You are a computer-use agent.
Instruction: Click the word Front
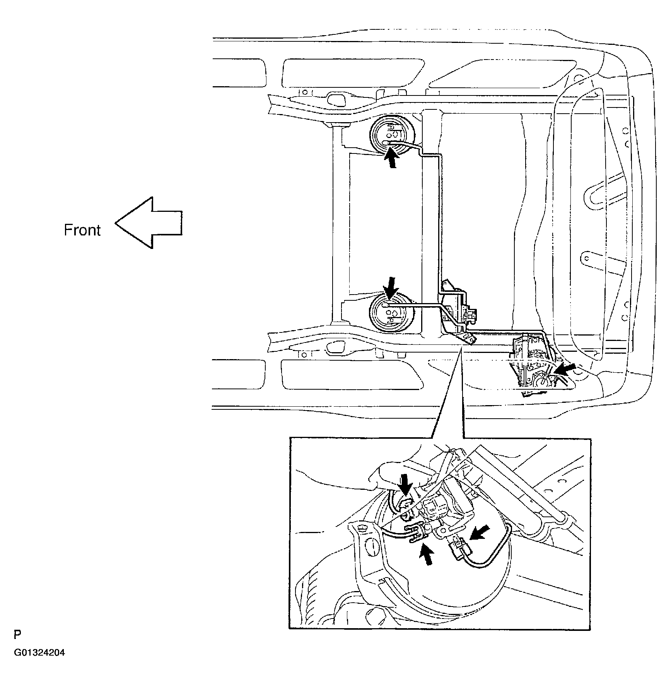[x=82, y=230]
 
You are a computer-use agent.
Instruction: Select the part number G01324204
[x=39, y=653]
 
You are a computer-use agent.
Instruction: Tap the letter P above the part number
[x=17, y=635]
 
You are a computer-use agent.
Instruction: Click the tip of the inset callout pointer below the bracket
[x=461, y=348]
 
